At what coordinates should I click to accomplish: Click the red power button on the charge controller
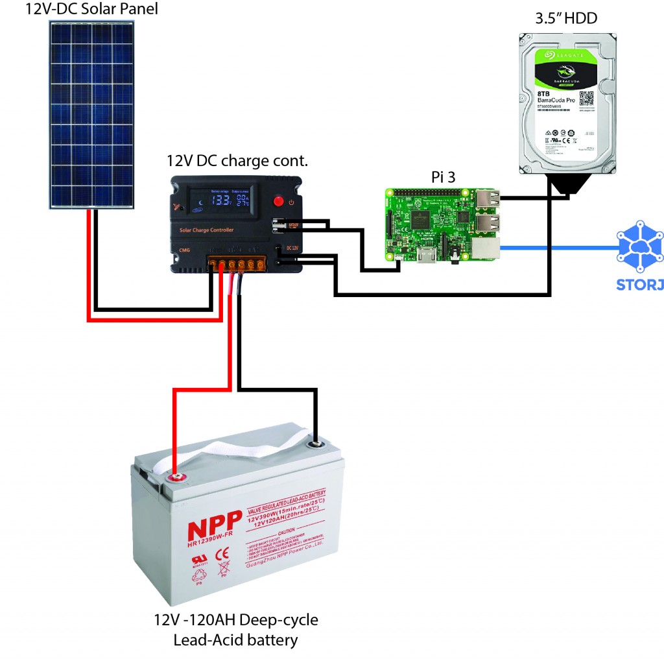[279, 200]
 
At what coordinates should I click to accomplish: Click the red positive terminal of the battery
[176, 479]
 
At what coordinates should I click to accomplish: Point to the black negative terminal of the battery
[316, 445]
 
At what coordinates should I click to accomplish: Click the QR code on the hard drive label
[586, 99]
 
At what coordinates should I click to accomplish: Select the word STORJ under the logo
[639, 284]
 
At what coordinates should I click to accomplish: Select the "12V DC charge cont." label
[237, 160]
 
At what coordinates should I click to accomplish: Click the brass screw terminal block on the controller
[237, 265]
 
